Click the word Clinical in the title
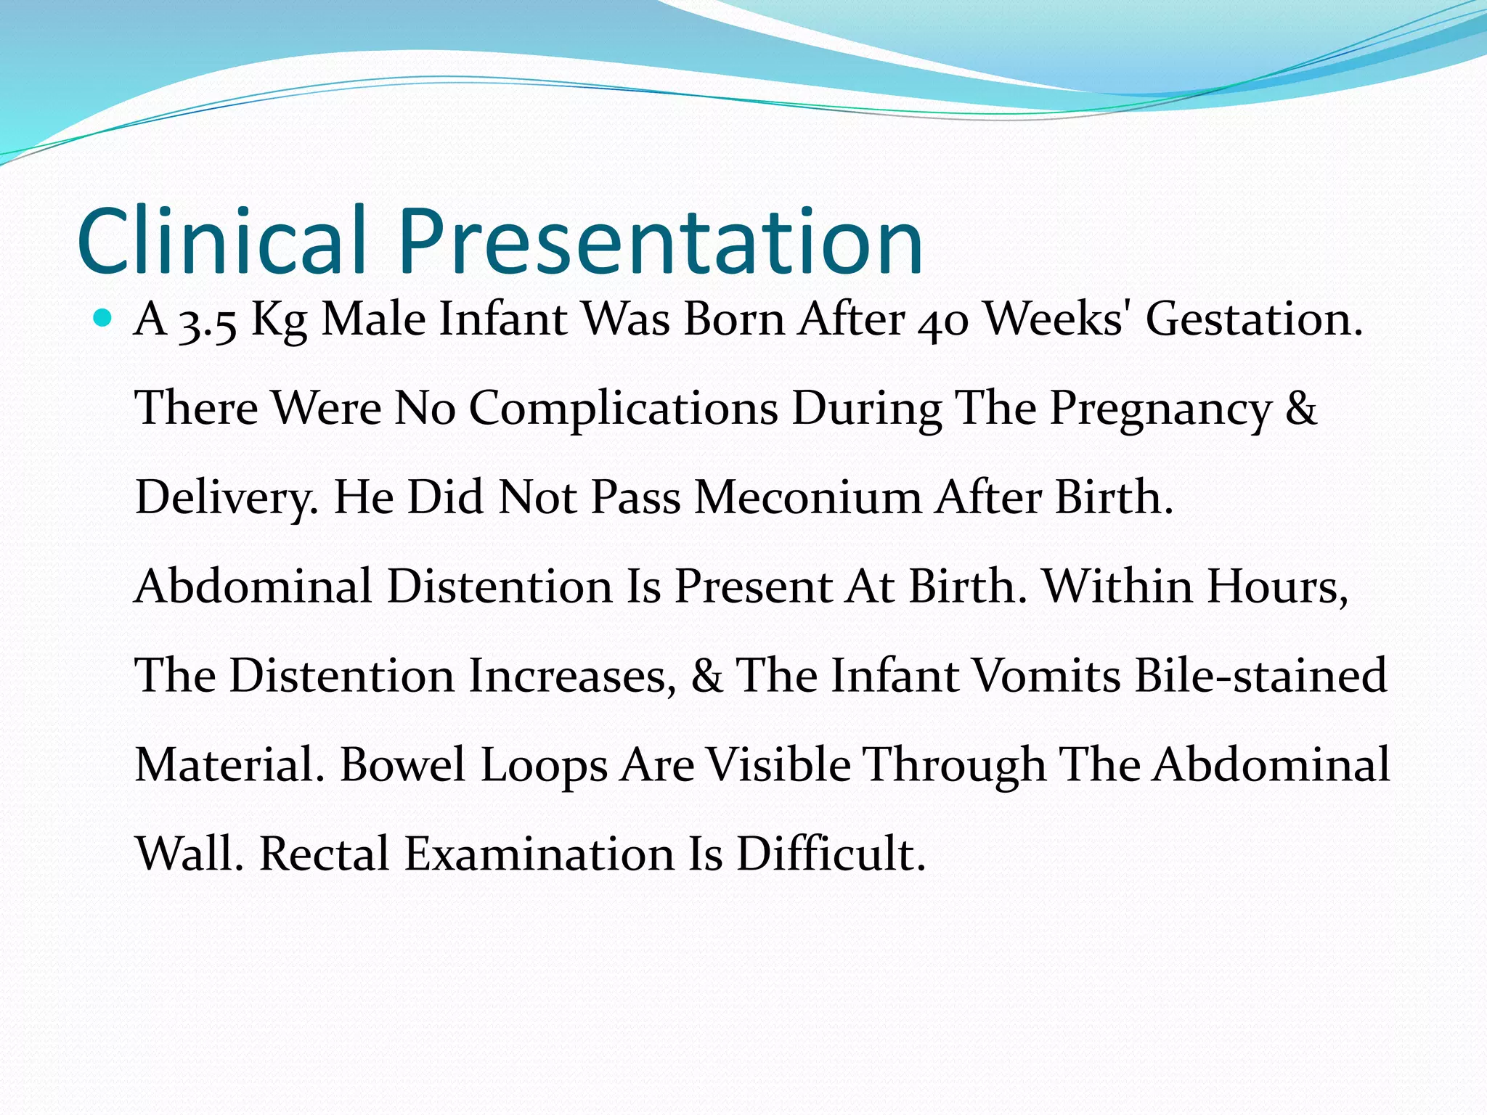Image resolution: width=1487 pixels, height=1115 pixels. click(x=221, y=241)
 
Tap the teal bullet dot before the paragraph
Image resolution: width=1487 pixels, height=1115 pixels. click(x=103, y=318)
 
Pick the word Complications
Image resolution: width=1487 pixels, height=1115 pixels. click(x=623, y=409)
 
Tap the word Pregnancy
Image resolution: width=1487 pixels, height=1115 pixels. click(x=1160, y=409)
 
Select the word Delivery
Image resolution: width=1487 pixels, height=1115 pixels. click(x=226, y=499)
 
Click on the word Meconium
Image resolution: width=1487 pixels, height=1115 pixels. click(x=807, y=499)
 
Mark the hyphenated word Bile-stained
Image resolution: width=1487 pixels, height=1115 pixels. click(x=1260, y=676)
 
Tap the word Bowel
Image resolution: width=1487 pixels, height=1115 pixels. click(x=402, y=765)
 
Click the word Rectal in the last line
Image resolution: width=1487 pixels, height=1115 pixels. click(x=324, y=854)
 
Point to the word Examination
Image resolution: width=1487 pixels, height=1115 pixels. click(x=539, y=854)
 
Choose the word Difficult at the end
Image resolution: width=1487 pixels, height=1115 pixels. click(x=831, y=854)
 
